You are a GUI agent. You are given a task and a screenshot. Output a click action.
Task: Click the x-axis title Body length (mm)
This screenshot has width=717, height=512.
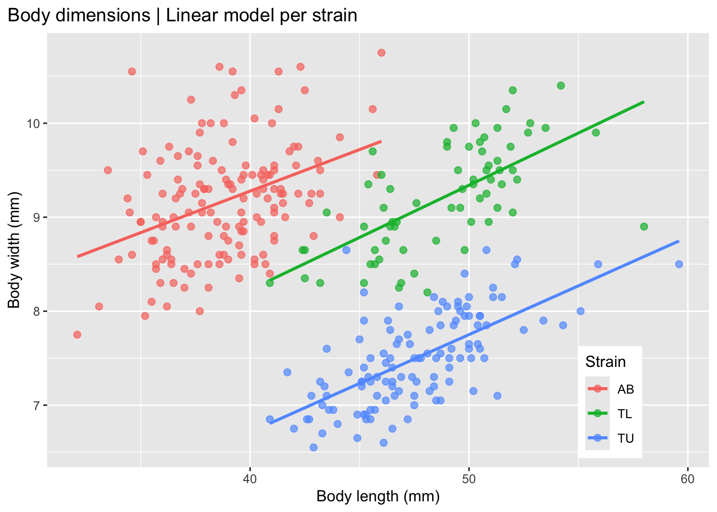point(378,497)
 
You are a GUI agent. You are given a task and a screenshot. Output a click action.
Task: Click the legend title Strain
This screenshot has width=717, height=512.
point(606,362)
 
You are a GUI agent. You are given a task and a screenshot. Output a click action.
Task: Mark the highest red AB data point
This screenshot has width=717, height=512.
point(381,53)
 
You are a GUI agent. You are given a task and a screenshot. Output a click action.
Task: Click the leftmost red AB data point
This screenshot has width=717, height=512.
point(77,334)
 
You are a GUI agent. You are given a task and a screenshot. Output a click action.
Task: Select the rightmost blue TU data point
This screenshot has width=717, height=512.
point(679,264)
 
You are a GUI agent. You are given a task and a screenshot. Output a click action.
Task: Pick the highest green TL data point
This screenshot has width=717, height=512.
point(561,86)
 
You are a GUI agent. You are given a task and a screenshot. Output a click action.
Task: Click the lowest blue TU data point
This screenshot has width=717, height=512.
point(314,447)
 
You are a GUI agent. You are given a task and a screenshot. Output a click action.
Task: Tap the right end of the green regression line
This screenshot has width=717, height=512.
point(644,102)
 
